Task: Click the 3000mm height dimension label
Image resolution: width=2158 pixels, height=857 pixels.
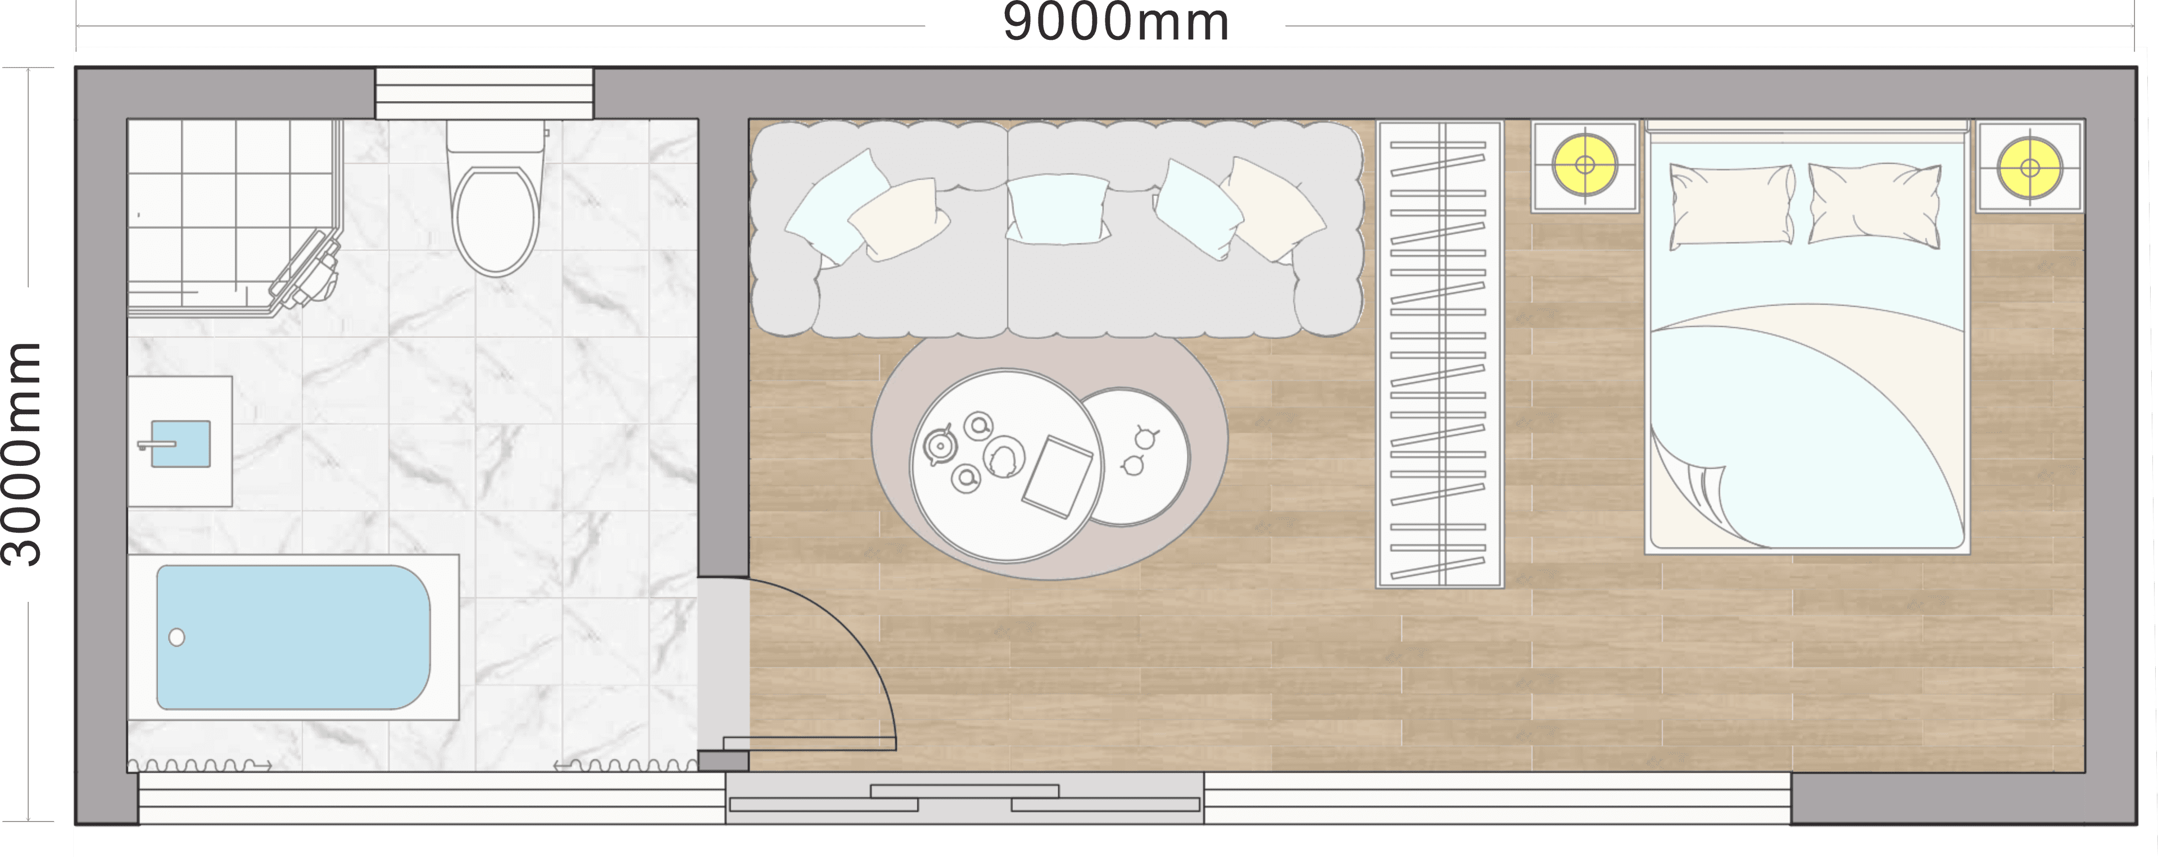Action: (22, 453)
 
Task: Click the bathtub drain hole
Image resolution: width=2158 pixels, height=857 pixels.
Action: (177, 637)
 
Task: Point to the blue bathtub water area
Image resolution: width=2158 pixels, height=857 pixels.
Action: (293, 637)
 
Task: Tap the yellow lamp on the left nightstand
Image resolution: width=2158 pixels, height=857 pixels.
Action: (1584, 165)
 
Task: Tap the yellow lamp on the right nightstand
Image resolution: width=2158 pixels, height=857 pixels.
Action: (2030, 167)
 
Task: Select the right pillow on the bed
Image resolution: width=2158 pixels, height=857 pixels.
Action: (1874, 205)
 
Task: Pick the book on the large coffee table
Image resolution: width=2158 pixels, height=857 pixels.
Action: (1057, 477)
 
